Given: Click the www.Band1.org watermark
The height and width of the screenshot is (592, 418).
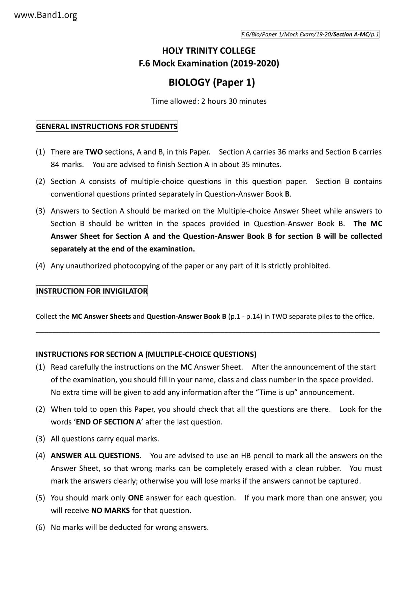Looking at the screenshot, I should [x=46, y=15].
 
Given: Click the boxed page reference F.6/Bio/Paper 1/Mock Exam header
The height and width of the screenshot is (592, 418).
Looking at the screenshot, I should [x=310, y=34].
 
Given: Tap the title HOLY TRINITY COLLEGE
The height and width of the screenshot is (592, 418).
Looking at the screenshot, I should [x=209, y=51].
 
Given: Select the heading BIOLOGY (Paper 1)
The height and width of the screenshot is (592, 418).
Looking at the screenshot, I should [x=212, y=82].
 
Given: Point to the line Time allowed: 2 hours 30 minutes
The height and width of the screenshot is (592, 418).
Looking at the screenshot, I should [x=209, y=101].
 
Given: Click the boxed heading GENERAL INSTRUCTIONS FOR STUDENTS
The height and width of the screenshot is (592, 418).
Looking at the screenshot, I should [x=107, y=127].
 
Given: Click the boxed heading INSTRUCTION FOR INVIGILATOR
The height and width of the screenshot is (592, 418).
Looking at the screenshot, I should [x=92, y=291].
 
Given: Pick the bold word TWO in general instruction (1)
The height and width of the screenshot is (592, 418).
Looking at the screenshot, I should [x=94, y=152].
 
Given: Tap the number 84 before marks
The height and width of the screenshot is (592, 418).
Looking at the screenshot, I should [x=55, y=165].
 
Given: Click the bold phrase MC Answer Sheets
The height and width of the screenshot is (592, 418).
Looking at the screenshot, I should [x=101, y=317].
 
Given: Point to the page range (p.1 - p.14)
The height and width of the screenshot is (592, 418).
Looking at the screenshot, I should [x=245, y=317].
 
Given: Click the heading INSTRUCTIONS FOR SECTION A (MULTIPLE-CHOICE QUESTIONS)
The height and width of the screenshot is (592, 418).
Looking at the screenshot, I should [x=146, y=354].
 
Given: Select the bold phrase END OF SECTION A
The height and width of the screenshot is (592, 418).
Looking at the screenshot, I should [x=105, y=422].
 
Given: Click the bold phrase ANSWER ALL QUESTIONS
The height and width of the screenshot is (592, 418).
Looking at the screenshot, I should [x=95, y=456].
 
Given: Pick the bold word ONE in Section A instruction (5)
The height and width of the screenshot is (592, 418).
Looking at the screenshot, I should [x=136, y=498].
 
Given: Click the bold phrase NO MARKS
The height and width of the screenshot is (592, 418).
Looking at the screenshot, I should [x=111, y=510].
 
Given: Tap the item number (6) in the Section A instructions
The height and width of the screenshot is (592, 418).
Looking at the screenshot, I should [x=40, y=527].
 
